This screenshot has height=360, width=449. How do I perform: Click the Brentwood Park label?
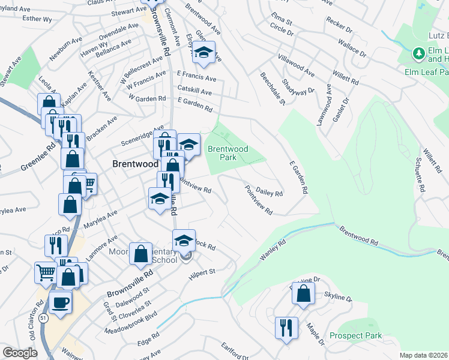228,153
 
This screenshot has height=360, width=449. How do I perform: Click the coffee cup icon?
61,302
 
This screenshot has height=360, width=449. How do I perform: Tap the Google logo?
20,353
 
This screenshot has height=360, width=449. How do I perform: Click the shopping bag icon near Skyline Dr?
304,294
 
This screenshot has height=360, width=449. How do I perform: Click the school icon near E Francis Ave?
203,53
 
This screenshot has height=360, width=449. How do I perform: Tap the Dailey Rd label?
269,191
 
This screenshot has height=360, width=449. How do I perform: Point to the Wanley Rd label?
272,250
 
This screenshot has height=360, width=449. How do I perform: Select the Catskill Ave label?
194,92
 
